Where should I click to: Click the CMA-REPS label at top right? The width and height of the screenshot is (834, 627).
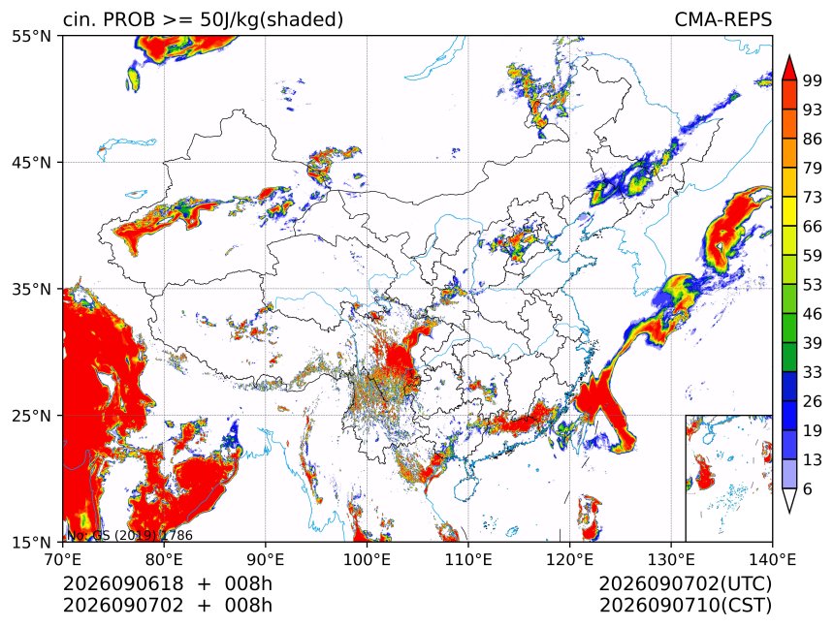point(722,19)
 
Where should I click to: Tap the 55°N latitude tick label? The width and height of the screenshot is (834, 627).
point(31,36)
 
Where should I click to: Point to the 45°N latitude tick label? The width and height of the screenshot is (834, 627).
point(31,162)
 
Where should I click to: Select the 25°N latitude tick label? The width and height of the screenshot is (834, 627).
point(31,416)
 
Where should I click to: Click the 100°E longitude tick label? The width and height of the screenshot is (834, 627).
point(367,559)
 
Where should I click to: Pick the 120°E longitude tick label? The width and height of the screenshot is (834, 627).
point(569,559)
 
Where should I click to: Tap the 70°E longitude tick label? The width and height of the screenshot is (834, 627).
point(63,559)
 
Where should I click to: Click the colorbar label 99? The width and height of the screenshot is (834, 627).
point(813,80)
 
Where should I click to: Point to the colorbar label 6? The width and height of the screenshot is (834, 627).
point(808,488)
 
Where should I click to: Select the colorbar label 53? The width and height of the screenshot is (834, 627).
point(813,285)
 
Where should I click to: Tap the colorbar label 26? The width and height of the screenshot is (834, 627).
point(813,401)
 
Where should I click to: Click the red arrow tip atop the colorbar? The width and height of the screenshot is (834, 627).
point(788,55)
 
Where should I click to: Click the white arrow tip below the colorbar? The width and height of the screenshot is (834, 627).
point(788,513)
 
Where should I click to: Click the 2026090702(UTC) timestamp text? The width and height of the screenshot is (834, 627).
point(685,583)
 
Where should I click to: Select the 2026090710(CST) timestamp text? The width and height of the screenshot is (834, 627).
point(685,606)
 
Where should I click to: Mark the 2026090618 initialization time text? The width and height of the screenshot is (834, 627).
point(123,583)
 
